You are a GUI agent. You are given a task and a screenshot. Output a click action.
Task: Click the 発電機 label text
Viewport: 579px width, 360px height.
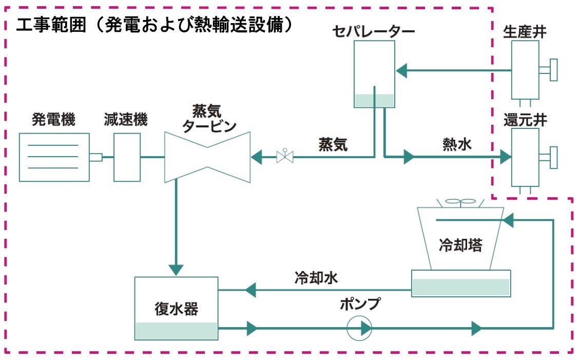pyautogui.click(x=53, y=120)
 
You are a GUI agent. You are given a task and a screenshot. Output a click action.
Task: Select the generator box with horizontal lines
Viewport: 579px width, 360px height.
pyautogui.click(x=54, y=157)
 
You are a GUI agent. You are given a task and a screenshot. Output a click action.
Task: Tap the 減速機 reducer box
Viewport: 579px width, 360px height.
pyautogui.click(x=127, y=157)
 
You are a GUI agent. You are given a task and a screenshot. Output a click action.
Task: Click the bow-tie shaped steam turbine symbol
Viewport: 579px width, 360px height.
pyautogui.click(x=207, y=157)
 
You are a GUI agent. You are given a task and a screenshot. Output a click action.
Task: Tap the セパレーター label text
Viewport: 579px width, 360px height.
pyautogui.click(x=373, y=31)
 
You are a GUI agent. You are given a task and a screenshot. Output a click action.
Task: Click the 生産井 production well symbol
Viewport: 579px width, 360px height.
pyautogui.click(x=526, y=70)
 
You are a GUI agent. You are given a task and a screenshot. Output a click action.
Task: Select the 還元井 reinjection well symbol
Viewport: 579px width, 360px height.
pyautogui.click(x=526, y=157)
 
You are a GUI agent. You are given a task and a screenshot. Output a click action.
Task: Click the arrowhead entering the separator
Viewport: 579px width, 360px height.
pyautogui.click(x=401, y=70)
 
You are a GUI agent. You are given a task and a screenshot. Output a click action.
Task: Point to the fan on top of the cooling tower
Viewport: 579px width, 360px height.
pyautogui.click(x=460, y=202)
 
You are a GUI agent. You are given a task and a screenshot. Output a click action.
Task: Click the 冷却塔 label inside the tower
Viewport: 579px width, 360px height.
pyautogui.click(x=460, y=245)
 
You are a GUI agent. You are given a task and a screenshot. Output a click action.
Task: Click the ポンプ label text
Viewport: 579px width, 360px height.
pyautogui.click(x=360, y=304)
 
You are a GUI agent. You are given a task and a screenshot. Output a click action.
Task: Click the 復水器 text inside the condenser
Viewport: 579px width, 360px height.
pyautogui.click(x=176, y=309)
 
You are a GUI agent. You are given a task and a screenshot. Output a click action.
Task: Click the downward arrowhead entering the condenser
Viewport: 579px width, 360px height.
pyautogui.click(x=176, y=269)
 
